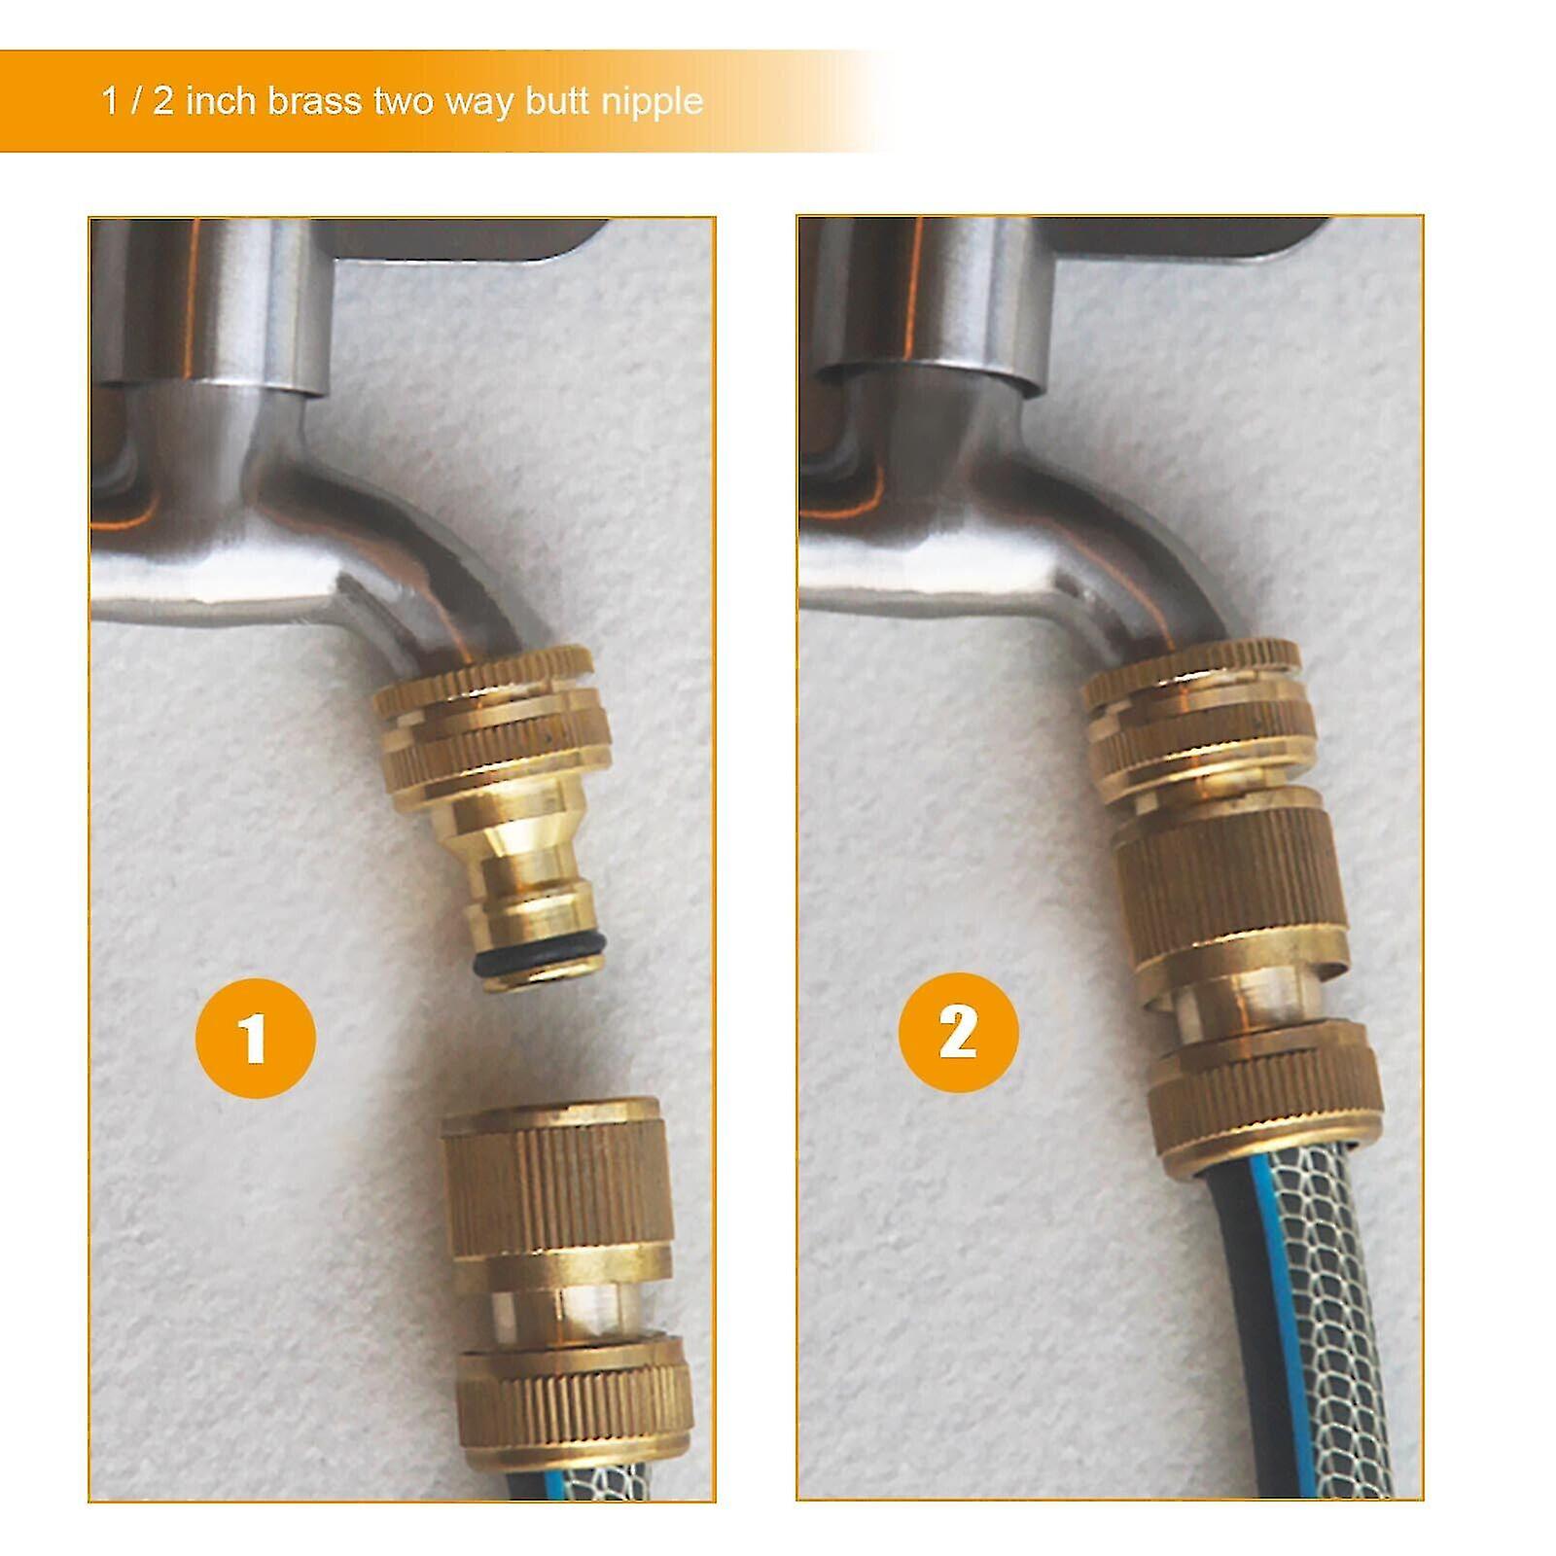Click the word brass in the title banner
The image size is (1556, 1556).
tap(313, 101)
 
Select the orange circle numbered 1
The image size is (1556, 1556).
tap(255, 1038)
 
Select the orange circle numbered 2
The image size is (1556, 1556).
tap(958, 1032)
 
